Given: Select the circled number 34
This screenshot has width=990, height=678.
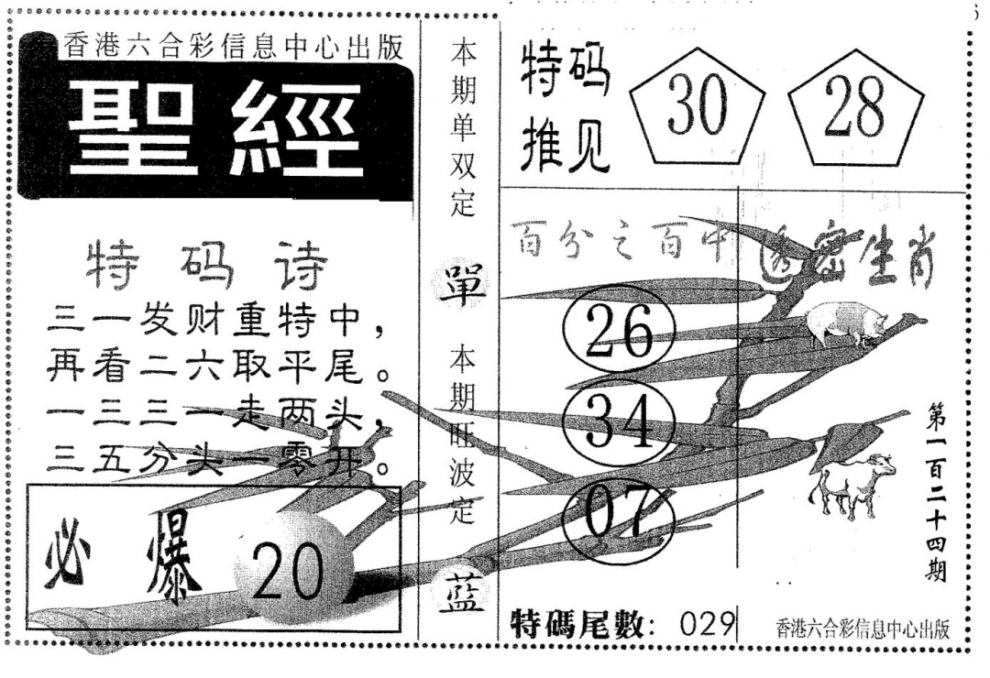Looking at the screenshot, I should pos(619,423).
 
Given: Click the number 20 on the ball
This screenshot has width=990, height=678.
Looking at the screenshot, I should pos(288,574).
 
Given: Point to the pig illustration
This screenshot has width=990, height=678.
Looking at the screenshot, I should pos(846,323).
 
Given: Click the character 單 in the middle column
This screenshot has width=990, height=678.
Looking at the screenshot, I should pos(464,280).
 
